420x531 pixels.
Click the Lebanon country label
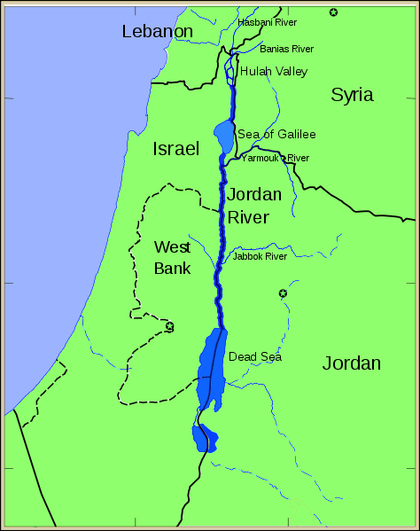158,32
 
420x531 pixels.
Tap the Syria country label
352,95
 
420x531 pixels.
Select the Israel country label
175,148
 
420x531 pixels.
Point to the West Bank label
172,257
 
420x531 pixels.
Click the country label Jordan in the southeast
351,363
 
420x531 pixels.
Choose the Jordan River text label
254,206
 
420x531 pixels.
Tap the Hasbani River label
268,21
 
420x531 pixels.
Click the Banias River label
286,49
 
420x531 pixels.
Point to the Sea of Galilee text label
276,134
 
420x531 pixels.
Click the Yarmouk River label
275,158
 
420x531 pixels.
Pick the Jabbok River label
260,256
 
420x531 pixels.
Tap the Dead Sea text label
255,356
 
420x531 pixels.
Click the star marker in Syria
333,12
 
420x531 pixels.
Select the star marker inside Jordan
284,293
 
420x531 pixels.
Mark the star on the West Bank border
169,326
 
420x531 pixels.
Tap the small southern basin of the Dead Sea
204,437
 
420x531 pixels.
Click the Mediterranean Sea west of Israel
62,177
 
